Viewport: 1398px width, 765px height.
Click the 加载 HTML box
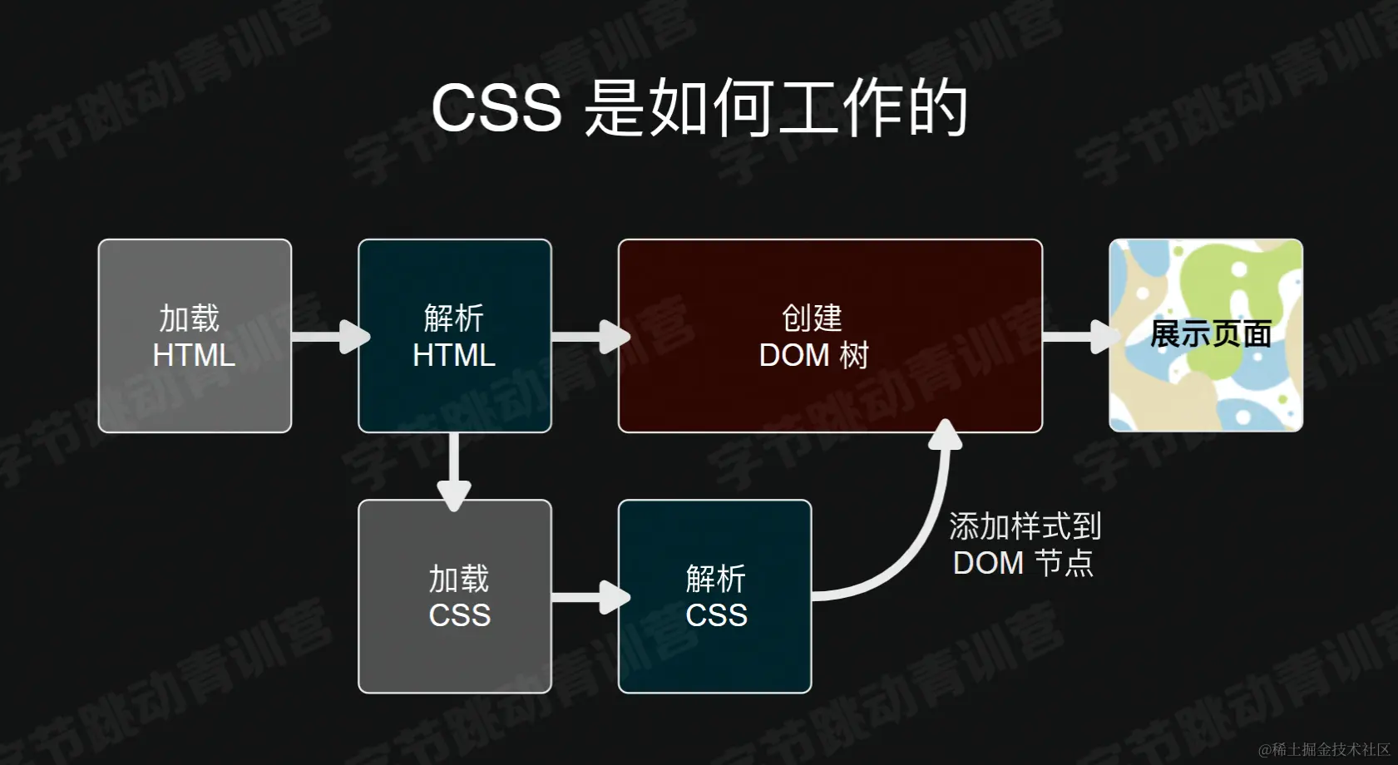point(195,336)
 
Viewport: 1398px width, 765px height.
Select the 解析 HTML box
point(454,336)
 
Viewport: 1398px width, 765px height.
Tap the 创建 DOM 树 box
point(830,336)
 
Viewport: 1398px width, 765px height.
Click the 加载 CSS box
point(454,596)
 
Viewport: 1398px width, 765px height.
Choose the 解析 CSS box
point(714,596)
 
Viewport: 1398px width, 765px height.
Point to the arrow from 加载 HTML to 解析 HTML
point(329,337)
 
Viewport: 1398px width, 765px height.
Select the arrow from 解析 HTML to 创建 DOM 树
point(589,337)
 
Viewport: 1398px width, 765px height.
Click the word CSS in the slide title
point(496,108)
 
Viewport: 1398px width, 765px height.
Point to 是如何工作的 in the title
point(776,108)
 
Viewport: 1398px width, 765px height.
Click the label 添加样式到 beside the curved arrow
point(1025,526)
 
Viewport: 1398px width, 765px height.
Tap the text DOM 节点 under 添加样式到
point(1023,563)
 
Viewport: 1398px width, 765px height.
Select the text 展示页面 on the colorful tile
point(1210,334)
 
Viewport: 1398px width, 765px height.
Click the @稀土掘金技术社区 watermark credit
point(1324,749)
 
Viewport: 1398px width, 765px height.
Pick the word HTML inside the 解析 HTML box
point(454,355)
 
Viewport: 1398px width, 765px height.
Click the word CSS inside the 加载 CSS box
point(460,615)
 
